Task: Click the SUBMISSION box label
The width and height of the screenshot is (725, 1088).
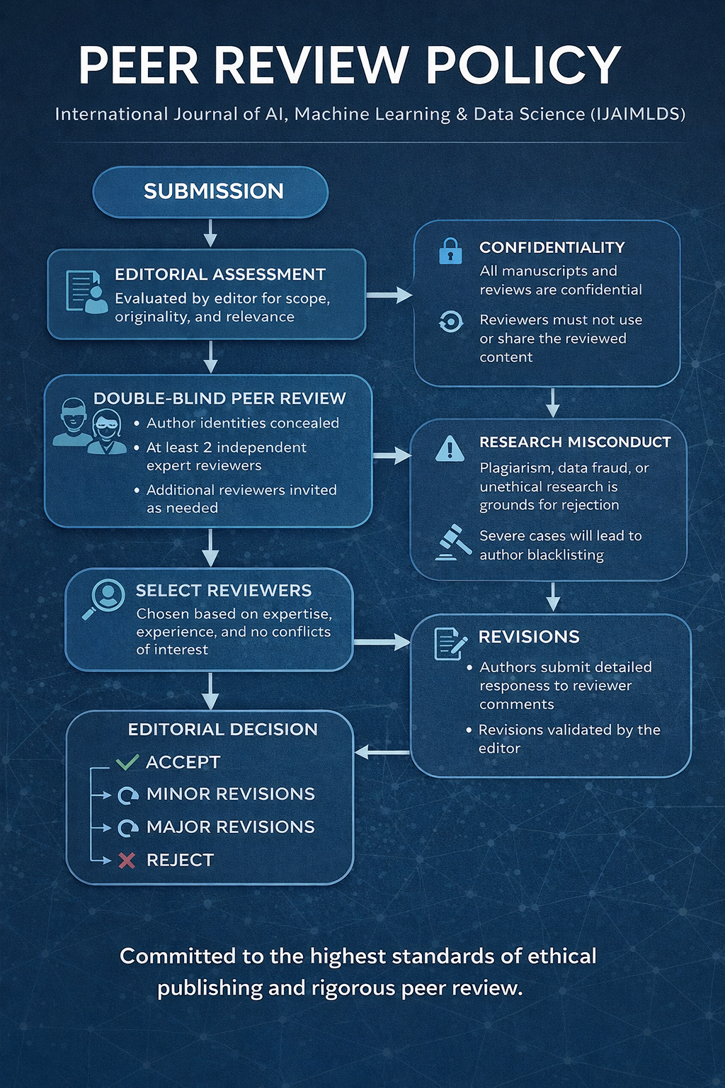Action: coord(213,191)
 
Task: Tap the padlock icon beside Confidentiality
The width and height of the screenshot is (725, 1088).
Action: coord(450,251)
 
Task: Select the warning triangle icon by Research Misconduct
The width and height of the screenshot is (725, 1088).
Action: coord(450,448)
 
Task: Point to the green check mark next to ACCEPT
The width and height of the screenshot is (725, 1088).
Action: coord(127,762)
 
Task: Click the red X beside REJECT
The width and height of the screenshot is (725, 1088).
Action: coord(127,860)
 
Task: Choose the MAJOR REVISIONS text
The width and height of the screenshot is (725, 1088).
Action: coord(230,827)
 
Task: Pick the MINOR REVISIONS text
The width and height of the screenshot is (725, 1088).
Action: coord(230,794)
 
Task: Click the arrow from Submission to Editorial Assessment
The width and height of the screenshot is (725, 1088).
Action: coord(210,233)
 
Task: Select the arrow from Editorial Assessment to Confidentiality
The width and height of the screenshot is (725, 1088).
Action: coord(389,295)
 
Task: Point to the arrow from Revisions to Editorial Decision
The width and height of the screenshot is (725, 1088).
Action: coord(382,752)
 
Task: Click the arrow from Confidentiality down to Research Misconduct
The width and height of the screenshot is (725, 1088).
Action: coord(553,403)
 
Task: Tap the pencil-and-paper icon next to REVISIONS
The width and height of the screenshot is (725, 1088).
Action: coord(450,643)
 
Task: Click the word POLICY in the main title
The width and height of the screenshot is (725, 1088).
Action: coord(523,66)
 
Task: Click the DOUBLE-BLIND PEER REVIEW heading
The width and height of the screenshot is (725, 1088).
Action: coord(219,399)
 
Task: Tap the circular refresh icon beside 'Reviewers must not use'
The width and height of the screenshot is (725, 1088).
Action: coord(450,322)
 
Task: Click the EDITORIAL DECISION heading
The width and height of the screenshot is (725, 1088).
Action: coord(222,730)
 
